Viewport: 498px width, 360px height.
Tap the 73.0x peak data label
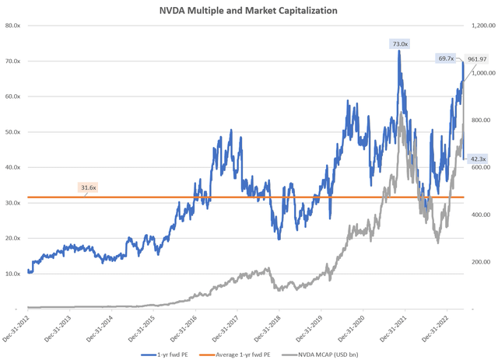(398, 44)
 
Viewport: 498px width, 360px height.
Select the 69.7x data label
(447, 58)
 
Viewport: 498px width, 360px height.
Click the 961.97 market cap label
(476, 58)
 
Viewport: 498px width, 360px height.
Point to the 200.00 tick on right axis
(479, 262)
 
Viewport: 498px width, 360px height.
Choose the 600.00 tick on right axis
(479, 167)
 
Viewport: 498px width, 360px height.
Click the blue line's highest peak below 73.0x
(399, 51)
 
